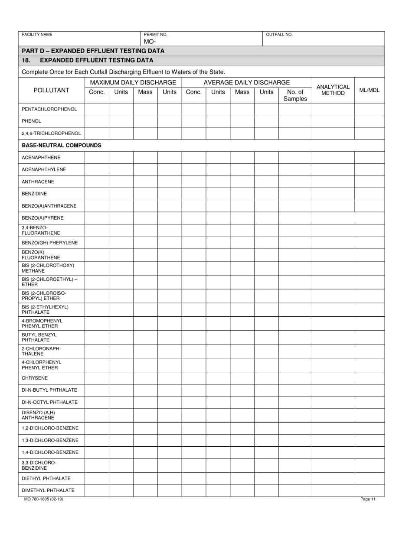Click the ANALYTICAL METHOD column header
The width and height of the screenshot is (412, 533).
coord(333,90)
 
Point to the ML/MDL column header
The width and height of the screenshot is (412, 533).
coord(369,90)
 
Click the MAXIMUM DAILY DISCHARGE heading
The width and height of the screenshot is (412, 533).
coord(133,82)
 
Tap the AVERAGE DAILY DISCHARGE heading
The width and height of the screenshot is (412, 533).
coord(247,82)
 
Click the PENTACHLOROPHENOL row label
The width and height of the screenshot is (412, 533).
coord(49,109)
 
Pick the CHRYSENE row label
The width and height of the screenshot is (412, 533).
coord(35,378)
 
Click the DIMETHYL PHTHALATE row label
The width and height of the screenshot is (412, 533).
coord(48,491)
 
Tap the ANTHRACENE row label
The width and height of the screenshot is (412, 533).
coord(38,182)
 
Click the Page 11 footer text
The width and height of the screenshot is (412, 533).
coord(368,499)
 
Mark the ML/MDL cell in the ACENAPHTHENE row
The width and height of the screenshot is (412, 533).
coord(369,158)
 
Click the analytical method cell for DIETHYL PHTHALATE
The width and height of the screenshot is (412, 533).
coord(333,478)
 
